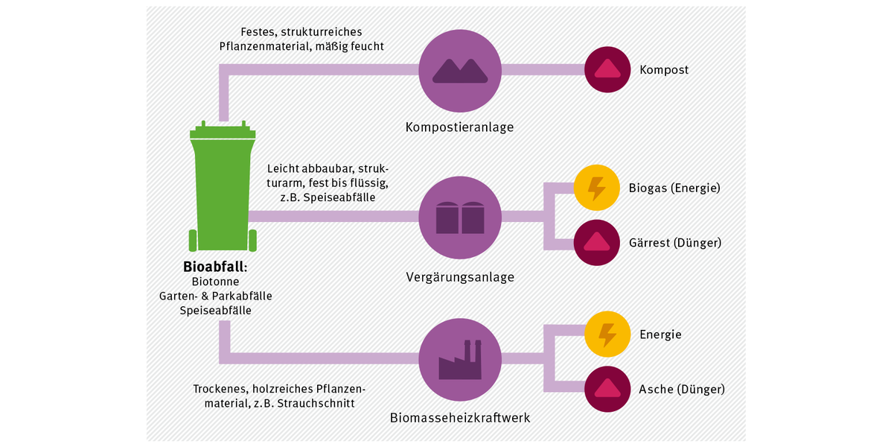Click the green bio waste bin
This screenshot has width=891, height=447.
tap(223, 190)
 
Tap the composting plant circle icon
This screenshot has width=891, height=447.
tap(460, 69)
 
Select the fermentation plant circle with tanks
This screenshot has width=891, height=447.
tap(460, 217)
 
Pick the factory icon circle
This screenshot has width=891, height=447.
tap(460, 364)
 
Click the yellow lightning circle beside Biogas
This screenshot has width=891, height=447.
tap(596, 188)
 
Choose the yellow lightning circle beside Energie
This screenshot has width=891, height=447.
tap(607, 335)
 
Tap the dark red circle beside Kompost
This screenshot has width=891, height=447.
tap(607, 69)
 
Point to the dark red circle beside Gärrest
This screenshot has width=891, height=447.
tap(596, 242)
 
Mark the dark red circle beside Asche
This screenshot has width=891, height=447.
tap(607, 389)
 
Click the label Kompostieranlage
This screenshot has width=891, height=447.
tap(459, 127)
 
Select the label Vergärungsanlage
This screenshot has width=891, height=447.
tap(460, 277)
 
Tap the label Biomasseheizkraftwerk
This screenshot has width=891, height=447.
tap(460, 417)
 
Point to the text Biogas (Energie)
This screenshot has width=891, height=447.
tap(674, 188)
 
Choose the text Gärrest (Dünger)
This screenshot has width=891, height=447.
tap(674, 242)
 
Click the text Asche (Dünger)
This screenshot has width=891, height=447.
tap(682, 389)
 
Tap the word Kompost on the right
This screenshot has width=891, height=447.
tap(664, 70)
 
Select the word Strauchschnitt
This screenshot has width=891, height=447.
tap(316, 403)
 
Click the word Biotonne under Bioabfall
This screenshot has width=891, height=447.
tap(215, 282)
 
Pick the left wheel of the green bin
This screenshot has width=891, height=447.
tap(193, 241)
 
